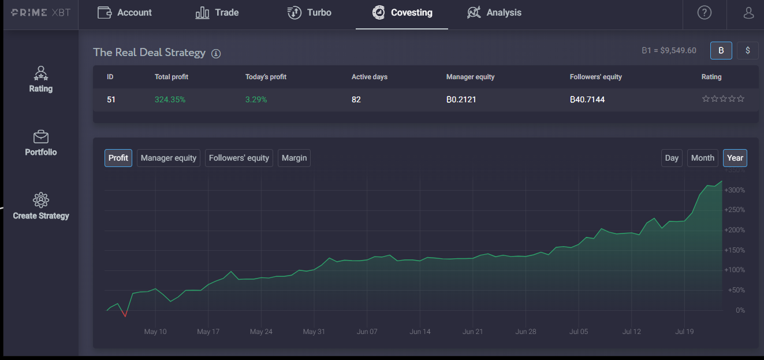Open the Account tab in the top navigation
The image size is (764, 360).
125,13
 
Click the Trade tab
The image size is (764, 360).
217,13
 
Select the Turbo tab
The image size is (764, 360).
309,13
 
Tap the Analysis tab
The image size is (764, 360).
494,13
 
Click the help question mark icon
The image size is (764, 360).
705,13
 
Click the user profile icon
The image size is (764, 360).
748,13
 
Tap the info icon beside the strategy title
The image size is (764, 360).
216,54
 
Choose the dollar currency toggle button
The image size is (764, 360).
748,50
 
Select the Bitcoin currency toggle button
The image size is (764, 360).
721,50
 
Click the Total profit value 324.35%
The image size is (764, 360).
170,99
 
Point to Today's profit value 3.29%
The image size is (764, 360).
256,99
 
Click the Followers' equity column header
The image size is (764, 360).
596,77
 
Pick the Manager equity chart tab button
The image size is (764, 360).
169,158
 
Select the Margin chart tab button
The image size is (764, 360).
294,158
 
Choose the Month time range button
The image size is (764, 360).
703,158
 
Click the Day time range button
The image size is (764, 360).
672,158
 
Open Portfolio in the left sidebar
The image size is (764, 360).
41,143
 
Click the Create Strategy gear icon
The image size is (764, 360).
41,200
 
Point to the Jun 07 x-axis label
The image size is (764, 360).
367,332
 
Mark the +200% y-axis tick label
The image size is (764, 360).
735,230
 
